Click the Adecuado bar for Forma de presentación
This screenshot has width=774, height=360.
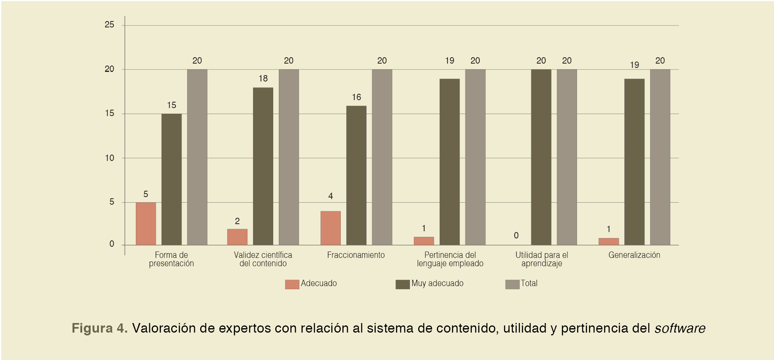pos(146,223)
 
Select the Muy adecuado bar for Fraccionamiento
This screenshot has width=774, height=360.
pos(356,175)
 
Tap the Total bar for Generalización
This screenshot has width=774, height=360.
pos(660,157)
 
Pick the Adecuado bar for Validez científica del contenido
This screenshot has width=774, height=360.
pos(237,237)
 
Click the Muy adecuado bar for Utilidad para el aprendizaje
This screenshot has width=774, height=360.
pos(541,157)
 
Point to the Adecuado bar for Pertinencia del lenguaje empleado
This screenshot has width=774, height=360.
pos(424,241)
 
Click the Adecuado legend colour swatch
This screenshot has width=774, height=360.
pos(292,284)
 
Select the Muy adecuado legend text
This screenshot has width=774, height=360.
pos(437,283)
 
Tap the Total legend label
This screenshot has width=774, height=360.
pos(529,283)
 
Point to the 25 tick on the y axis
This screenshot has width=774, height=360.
pos(109,25)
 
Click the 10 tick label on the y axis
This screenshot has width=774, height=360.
pos(109,158)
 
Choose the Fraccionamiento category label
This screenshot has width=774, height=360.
pos(356,255)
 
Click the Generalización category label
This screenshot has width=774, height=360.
pos(634,255)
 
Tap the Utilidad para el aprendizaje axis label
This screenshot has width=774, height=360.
pos(542,259)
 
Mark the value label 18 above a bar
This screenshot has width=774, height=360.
pos(263,79)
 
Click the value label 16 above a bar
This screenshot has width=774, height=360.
pos(356,97)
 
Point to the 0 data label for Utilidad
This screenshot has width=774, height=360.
pos(516,236)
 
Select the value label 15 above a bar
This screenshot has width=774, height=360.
pos(172,105)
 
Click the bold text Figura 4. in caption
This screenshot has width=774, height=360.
pos(99,328)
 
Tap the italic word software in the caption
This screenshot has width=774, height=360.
pos(680,328)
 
